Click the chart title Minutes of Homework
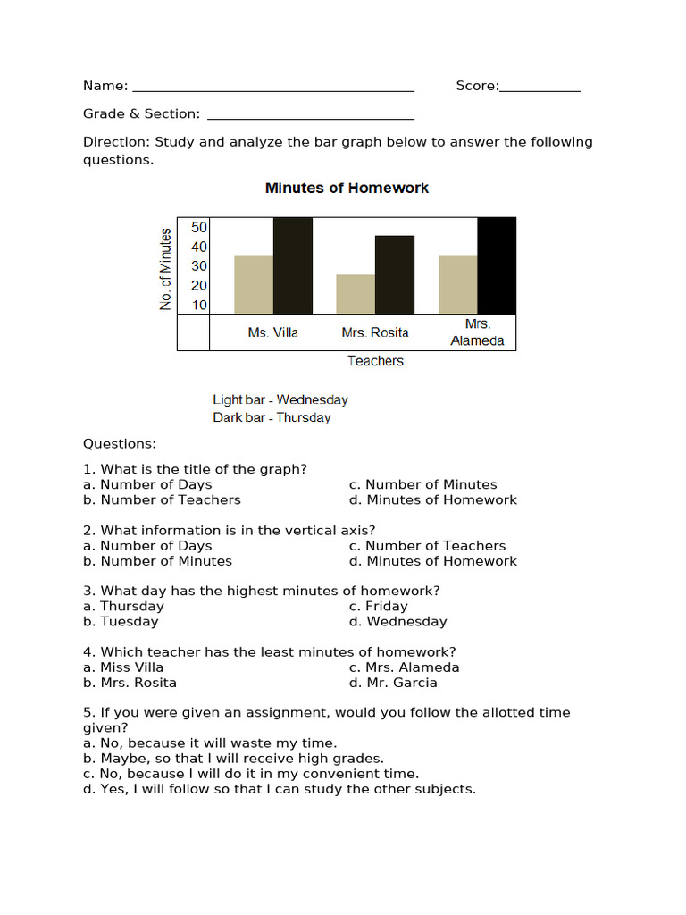347,189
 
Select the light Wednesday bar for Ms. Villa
254,284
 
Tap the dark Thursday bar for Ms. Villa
293,265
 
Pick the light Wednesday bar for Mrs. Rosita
356,294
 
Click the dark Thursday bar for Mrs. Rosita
395,274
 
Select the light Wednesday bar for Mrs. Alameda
458,284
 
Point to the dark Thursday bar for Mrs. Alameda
497,265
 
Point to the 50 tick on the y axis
198,228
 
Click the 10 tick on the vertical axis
198,305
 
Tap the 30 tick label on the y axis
198,266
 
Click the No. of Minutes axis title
165,269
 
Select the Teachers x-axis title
375,361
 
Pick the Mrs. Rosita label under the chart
375,332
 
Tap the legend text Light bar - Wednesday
280,399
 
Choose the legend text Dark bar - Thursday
272,417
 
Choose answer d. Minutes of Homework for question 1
433,499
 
